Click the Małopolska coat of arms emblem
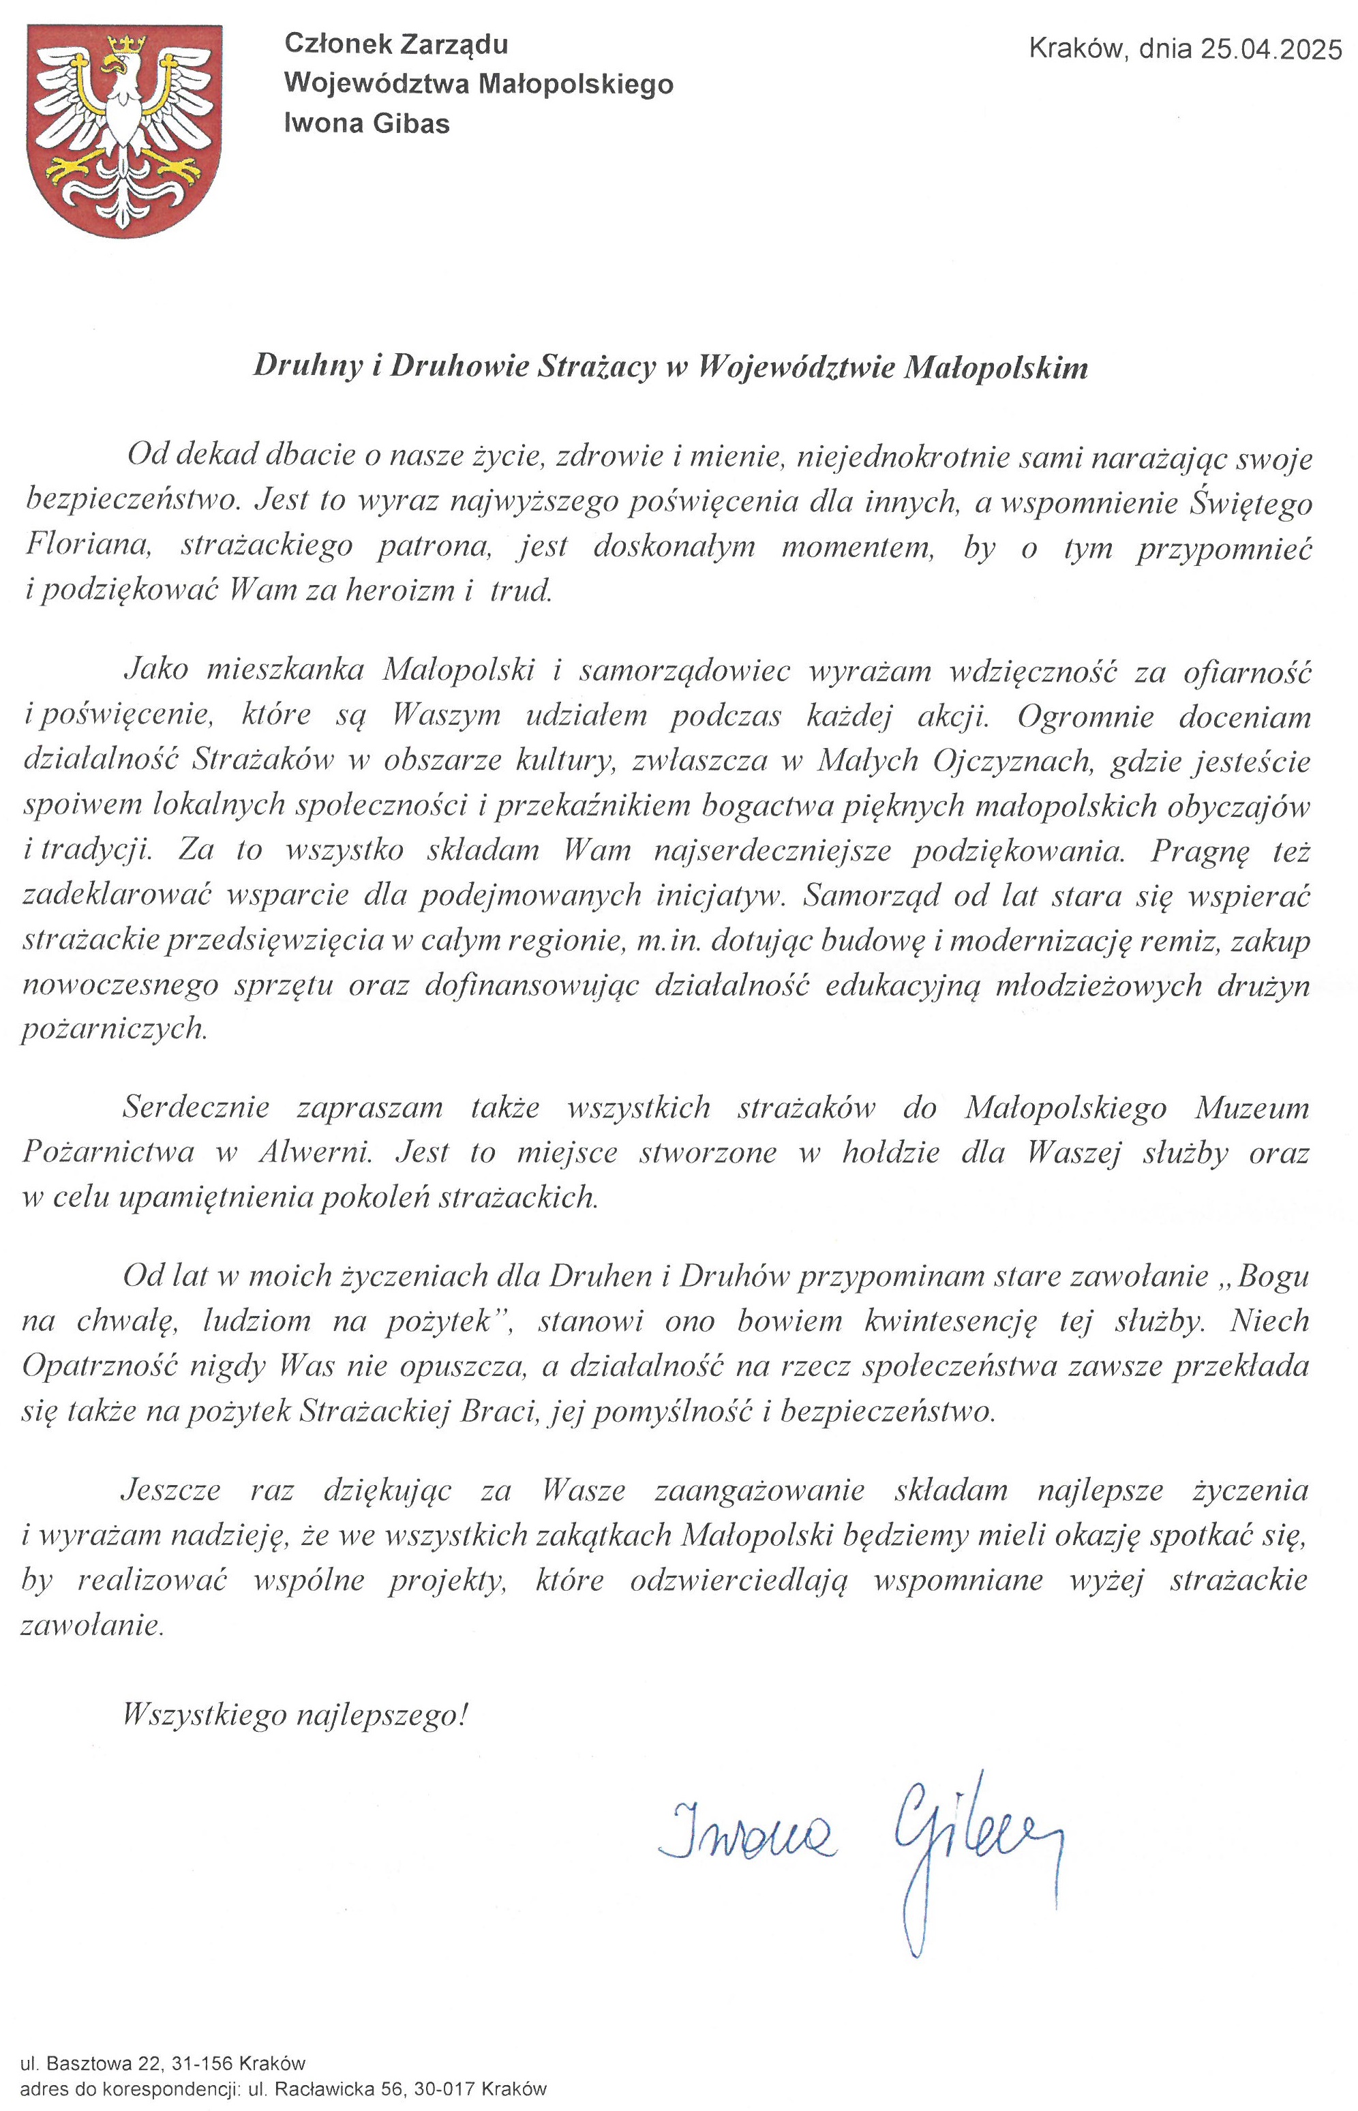pyautogui.click(x=123, y=130)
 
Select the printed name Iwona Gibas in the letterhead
pyautogui.click(x=367, y=123)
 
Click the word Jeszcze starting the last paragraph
pyautogui.click(x=171, y=1491)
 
